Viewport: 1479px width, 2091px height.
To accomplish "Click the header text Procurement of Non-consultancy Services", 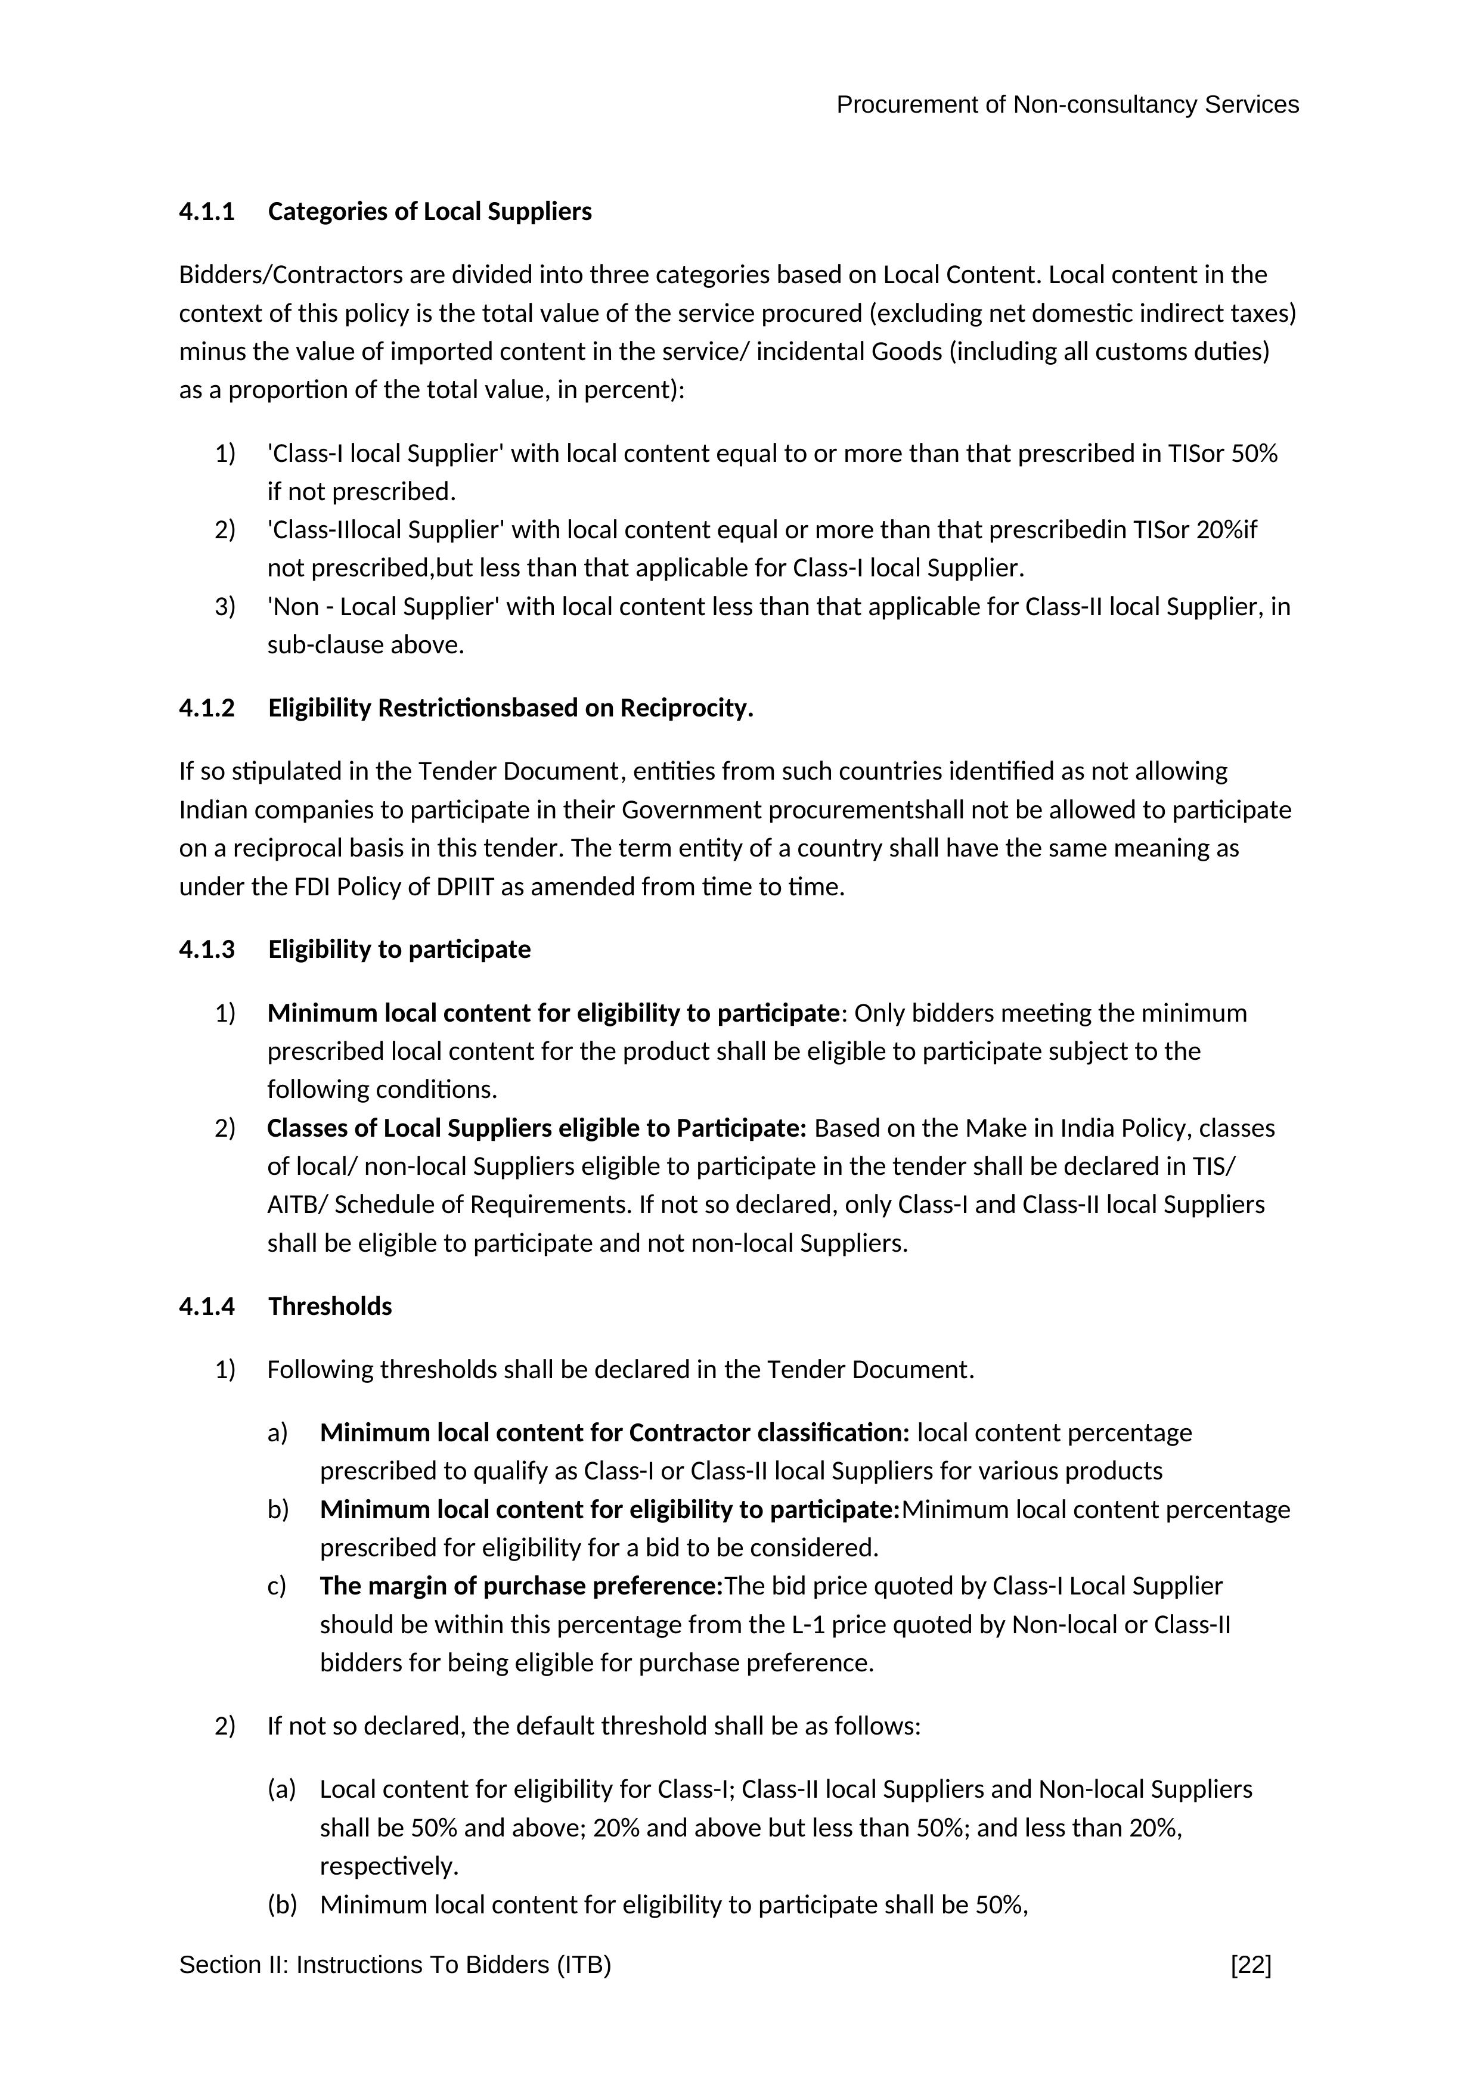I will click(1067, 105).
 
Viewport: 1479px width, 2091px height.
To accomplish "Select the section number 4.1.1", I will click(207, 212).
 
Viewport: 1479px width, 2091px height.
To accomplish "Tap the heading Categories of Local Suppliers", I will click(430, 212).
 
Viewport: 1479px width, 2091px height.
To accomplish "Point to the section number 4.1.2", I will click(207, 709).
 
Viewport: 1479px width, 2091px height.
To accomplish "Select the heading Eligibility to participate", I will click(399, 950).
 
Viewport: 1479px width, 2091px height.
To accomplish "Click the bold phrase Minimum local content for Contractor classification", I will click(614, 1434).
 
